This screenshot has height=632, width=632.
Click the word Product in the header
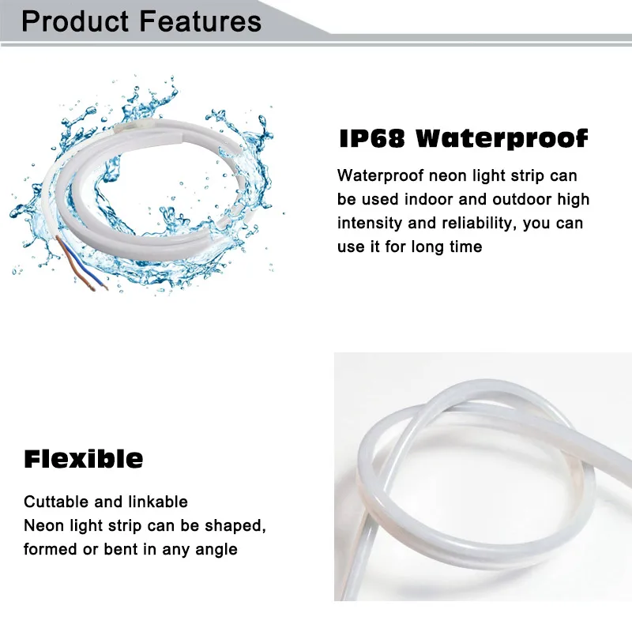click(x=75, y=21)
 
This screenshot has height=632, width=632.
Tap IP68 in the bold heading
click(x=372, y=139)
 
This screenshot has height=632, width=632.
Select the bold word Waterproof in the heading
click(x=502, y=140)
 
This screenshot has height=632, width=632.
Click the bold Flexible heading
click(x=84, y=459)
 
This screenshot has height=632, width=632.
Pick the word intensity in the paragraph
click(x=370, y=223)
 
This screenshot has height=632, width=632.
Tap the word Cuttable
click(x=56, y=502)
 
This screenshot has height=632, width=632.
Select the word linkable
click(x=158, y=502)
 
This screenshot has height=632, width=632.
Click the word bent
click(x=121, y=549)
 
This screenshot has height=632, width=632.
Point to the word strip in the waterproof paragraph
click(x=528, y=176)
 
